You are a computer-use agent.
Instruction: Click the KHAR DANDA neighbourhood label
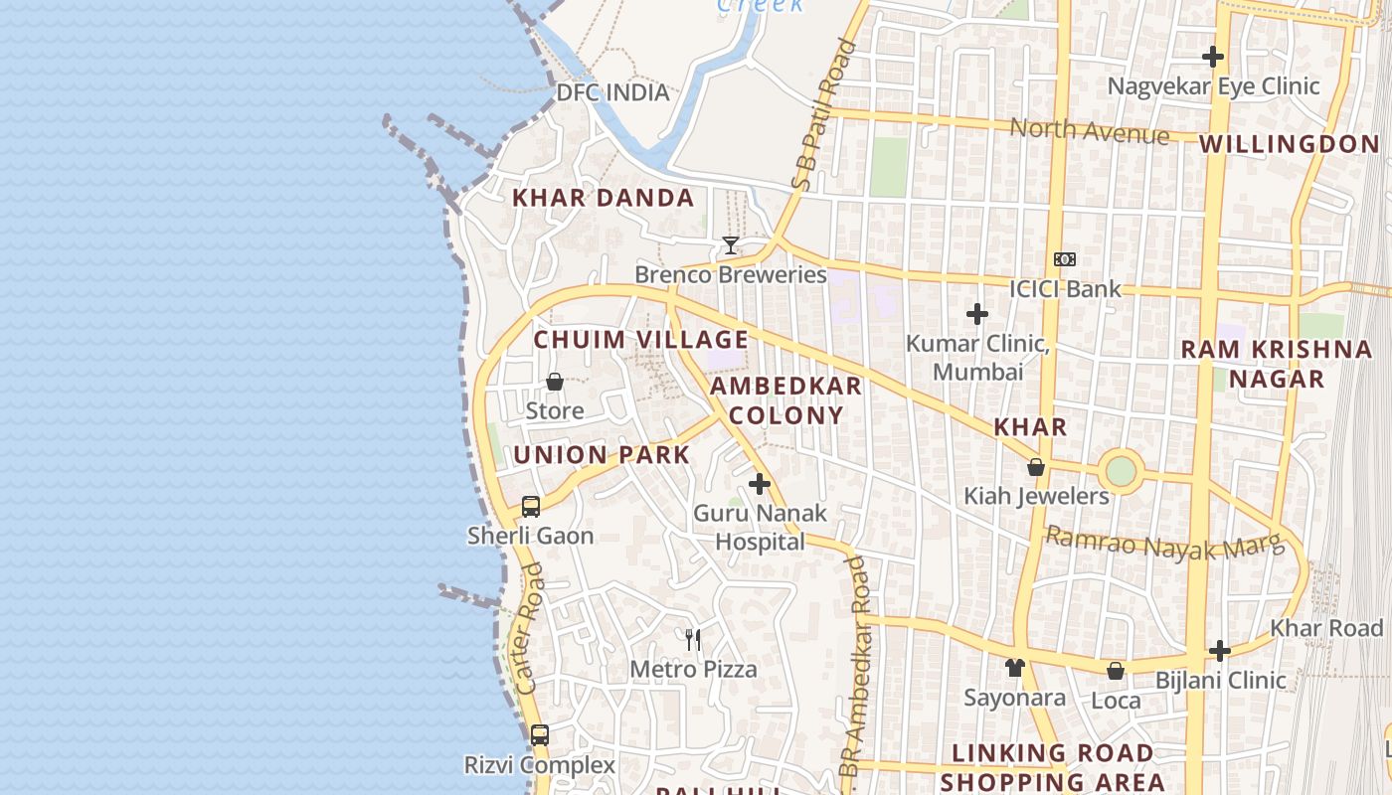point(603,198)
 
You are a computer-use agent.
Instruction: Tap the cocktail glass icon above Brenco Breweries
point(731,244)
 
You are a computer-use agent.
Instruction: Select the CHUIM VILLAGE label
point(640,340)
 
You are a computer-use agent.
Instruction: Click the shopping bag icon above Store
point(555,382)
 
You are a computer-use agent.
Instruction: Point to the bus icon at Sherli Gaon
point(531,507)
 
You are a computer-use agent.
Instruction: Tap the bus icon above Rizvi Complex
point(539,736)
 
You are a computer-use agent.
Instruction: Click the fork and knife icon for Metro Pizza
point(693,640)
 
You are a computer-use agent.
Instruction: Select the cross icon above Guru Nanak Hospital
point(760,484)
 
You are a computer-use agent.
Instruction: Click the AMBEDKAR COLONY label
point(786,400)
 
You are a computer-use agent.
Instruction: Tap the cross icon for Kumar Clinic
point(977,314)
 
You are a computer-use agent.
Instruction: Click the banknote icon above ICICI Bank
point(1065,259)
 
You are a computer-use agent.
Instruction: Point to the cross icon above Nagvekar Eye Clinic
point(1213,57)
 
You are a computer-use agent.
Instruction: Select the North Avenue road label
point(1090,131)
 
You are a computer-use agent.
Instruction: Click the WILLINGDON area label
point(1289,144)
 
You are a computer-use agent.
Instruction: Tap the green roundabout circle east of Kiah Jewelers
point(1121,471)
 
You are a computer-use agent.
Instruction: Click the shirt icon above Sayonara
point(1014,668)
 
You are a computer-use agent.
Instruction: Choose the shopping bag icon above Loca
point(1116,671)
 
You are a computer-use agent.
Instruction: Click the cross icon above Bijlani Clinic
point(1220,651)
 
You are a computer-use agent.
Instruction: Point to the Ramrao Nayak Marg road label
point(1165,545)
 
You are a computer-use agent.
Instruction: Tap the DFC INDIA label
point(612,92)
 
